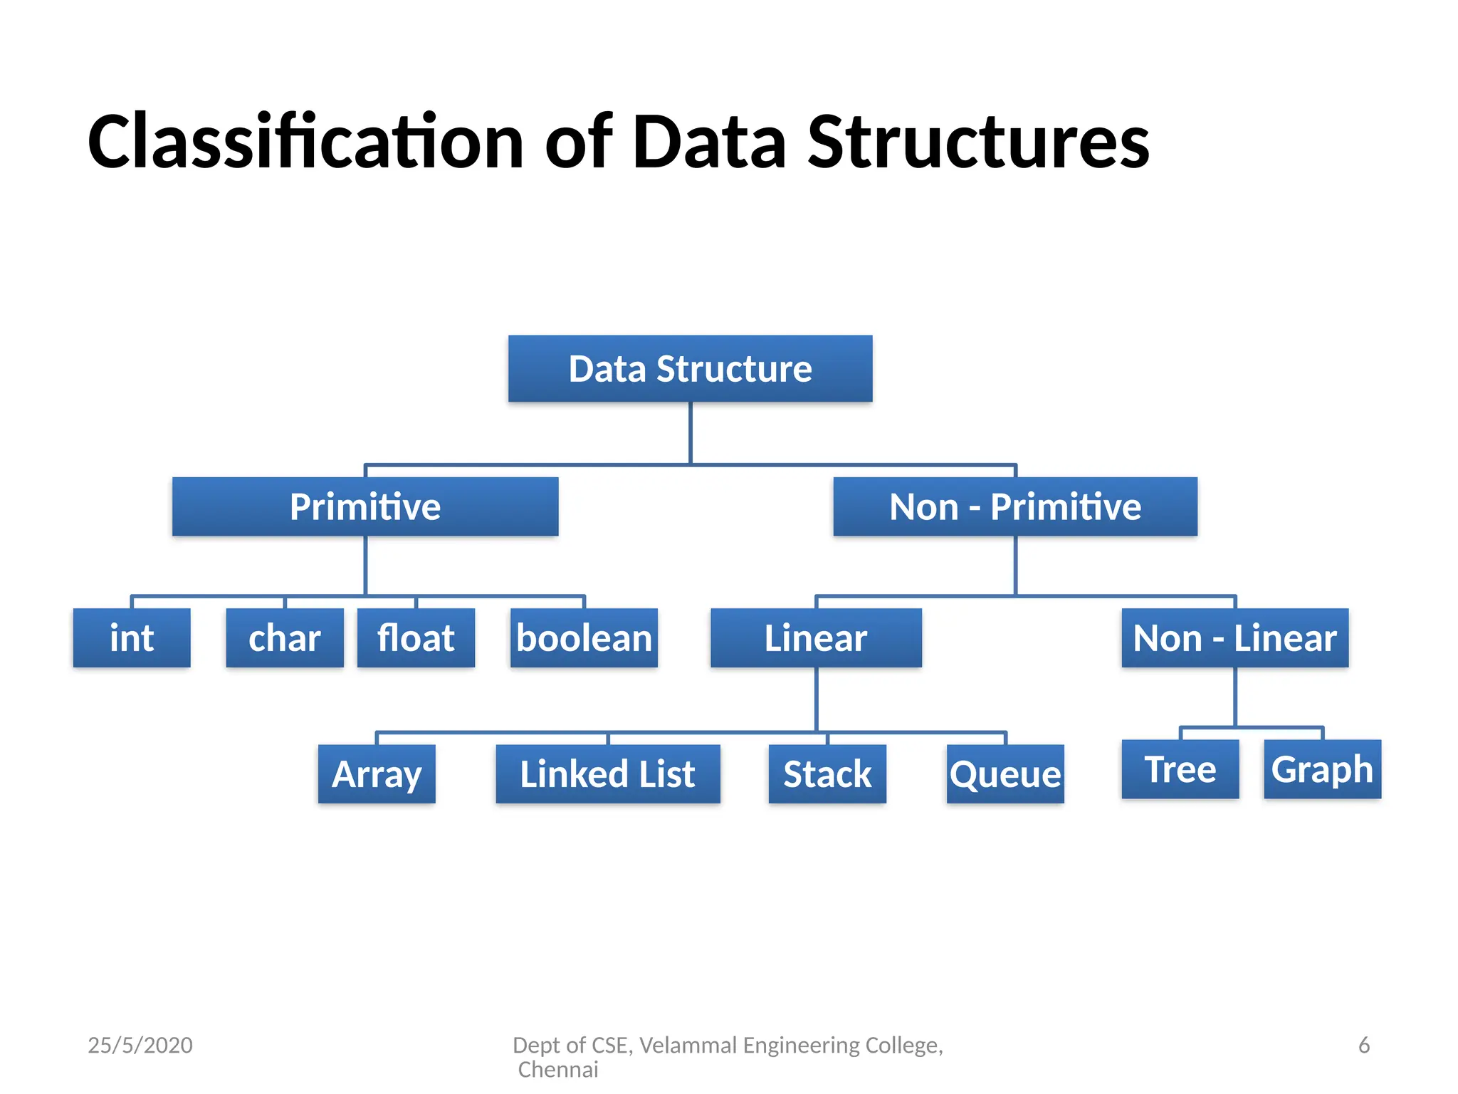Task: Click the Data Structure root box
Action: point(690,369)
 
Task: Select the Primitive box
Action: point(365,506)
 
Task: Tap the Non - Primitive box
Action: point(1015,506)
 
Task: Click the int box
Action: point(132,637)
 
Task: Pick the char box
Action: point(285,637)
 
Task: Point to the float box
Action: point(416,637)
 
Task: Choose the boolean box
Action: point(584,637)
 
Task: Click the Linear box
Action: point(816,637)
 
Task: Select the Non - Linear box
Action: point(1234,637)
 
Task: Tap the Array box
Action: point(377,774)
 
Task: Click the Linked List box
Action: point(608,774)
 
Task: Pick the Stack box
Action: point(827,774)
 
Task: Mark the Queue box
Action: point(1005,774)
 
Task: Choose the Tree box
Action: point(1180,769)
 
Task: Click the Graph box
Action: point(1322,769)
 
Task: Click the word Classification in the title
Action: point(305,142)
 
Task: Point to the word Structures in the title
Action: point(978,142)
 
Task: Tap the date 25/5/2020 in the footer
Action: point(140,1045)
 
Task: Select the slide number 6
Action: point(1364,1045)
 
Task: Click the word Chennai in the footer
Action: point(558,1070)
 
